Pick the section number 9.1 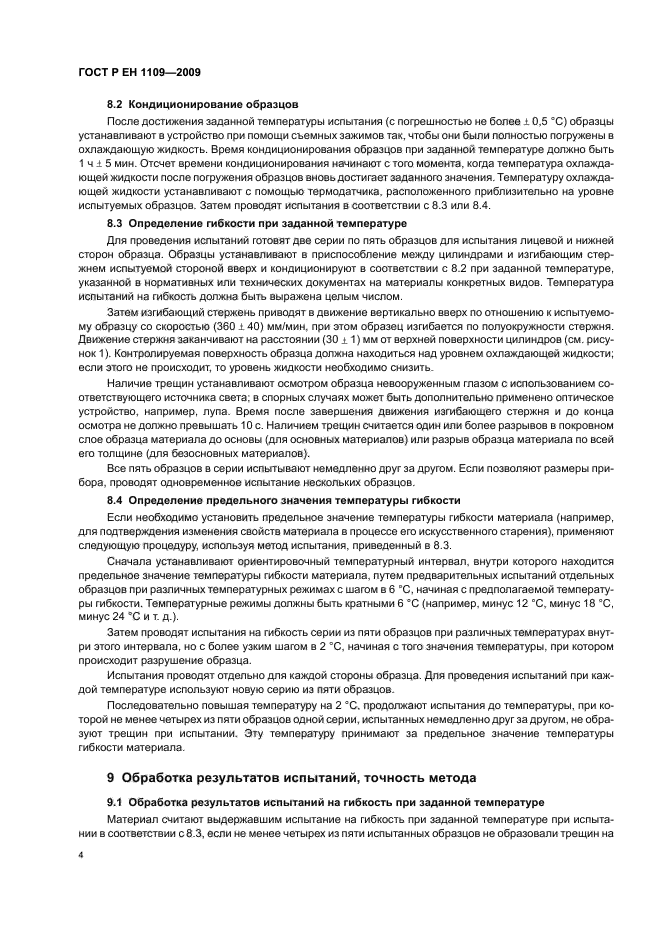point(116,801)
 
